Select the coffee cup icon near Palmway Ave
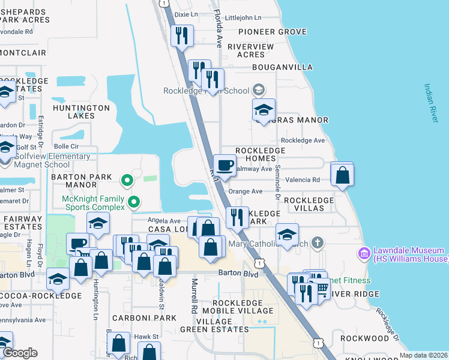coord(225,165)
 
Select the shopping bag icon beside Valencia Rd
coord(342,175)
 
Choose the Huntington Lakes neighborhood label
coord(81,112)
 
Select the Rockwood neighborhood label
coord(364,338)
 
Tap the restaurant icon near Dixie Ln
coord(181,35)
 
